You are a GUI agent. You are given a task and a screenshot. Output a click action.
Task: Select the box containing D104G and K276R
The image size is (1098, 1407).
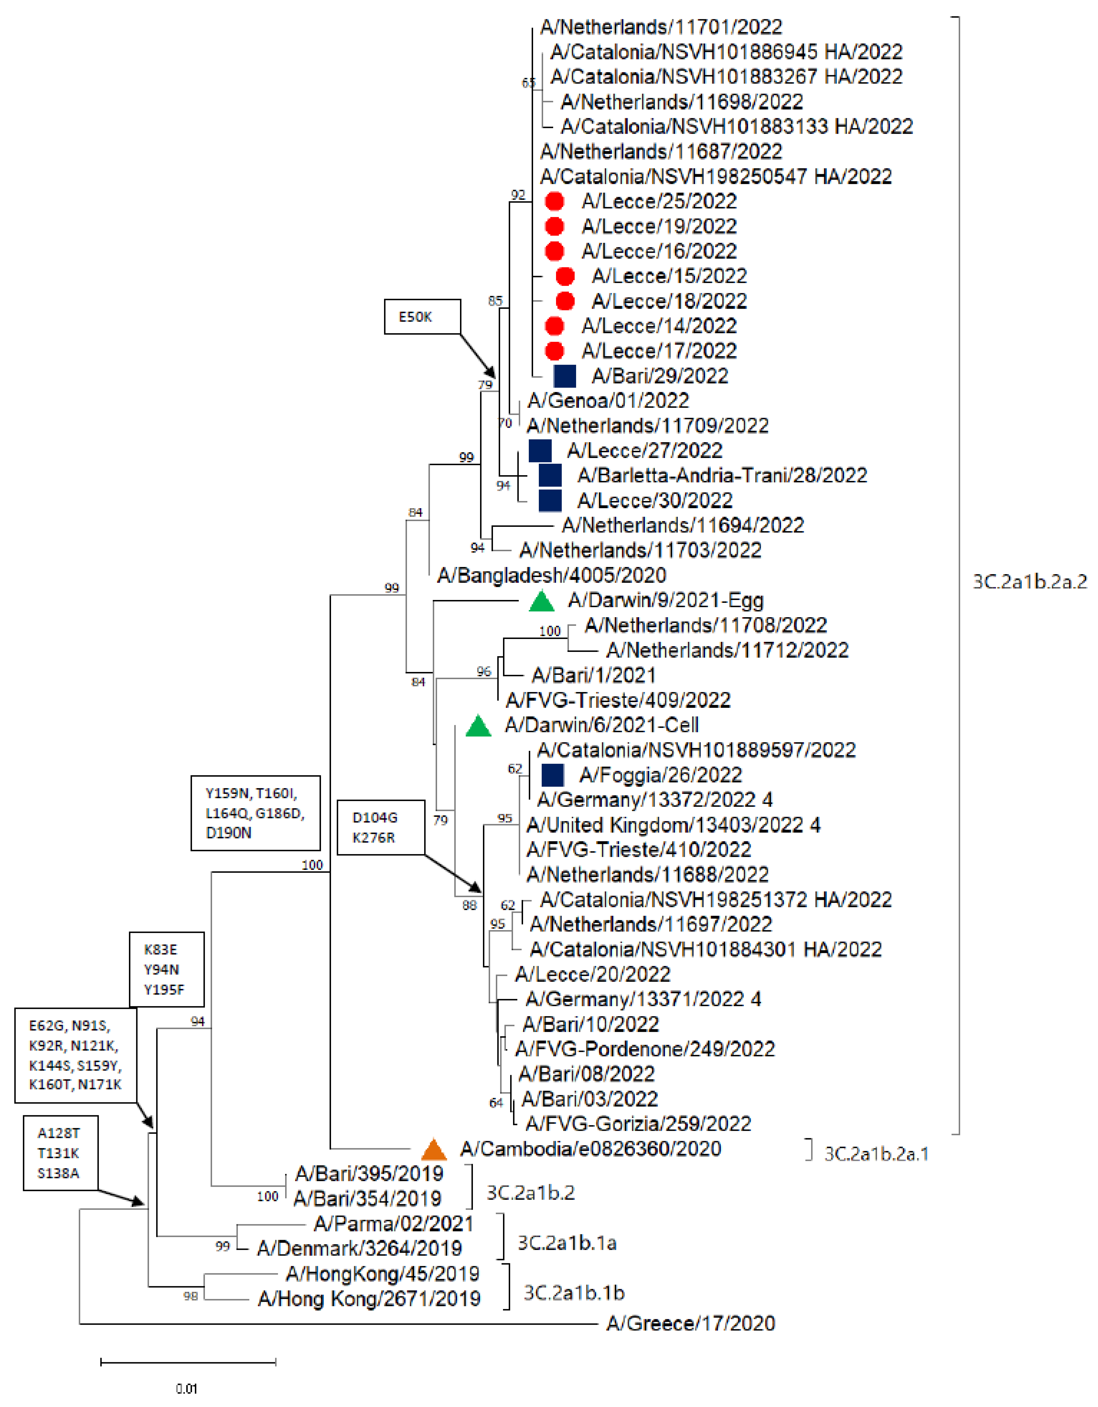(381, 828)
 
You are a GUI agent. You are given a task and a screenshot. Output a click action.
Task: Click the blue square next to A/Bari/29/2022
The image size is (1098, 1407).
(565, 376)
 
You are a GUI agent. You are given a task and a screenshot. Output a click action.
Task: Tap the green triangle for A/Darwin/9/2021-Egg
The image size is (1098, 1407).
(542, 602)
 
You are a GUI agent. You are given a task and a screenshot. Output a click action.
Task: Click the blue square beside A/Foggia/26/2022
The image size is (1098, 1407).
(553, 775)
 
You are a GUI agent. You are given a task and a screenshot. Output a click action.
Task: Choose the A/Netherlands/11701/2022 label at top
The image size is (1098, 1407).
(661, 27)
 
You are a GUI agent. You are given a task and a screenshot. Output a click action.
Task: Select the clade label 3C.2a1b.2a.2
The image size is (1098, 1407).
(1029, 582)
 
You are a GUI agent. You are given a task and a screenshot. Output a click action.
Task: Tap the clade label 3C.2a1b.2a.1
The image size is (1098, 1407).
(876, 1154)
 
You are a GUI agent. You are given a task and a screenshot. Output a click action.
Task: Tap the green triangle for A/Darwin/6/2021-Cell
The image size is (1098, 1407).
(478, 727)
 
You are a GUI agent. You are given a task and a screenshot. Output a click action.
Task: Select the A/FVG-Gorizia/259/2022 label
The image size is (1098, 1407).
(638, 1124)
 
